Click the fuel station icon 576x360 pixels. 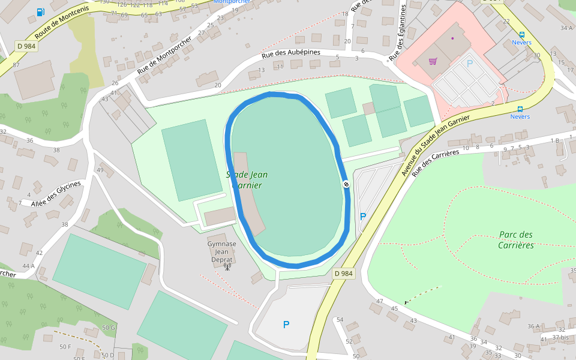(x=40, y=12)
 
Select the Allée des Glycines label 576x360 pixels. (x=56, y=193)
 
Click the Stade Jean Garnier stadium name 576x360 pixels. (x=247, y=180)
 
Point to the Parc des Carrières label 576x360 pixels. (x=515, y=240)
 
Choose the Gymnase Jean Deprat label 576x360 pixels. (x=221, y=252)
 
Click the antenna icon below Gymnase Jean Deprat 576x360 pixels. (x=227, y=266)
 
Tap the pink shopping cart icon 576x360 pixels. (x=433, y=61)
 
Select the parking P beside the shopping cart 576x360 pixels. (x=470, y=63)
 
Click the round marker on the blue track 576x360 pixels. (x=346, y=184)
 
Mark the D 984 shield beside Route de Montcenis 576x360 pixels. (x=26, y=46)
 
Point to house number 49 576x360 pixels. (x=100, y=170)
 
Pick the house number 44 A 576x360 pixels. (x=28, y=266)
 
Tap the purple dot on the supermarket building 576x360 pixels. (x=452, y=38)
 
